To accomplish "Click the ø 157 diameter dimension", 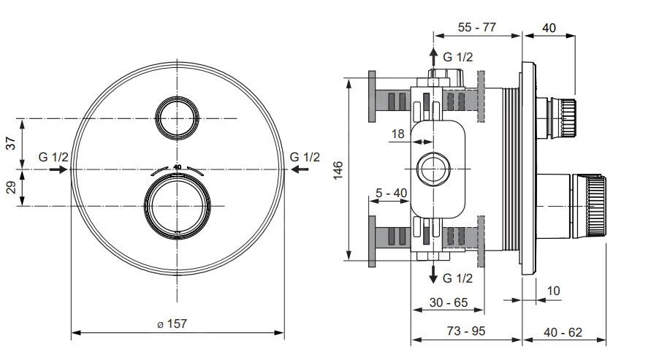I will tap(172, 323).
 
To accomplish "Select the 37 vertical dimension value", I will tap(11, 143).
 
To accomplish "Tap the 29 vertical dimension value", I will tap(11, 187).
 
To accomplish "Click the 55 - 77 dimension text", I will tap(476, 27).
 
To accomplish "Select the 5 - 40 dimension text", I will tap(391, 192).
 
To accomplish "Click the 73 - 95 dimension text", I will tap(467, 331).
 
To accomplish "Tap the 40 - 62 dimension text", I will tap(564, 331).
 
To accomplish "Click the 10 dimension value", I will tap(553, 290).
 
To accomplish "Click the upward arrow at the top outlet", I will tap(433, 55).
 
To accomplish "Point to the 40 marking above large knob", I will tap(177, 167).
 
